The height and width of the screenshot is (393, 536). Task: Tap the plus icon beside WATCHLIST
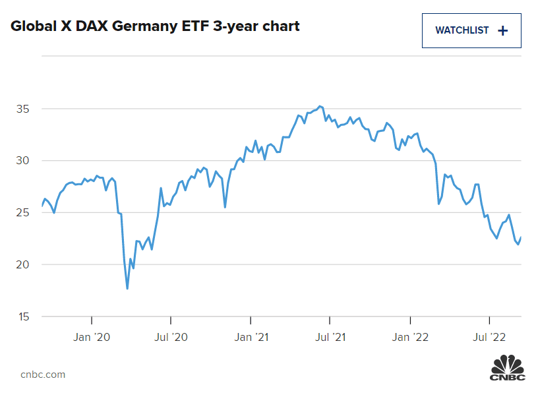(x=502, y=30)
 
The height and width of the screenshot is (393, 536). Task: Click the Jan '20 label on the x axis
(x=92, y=337)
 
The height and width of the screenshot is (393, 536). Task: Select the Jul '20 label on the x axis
(x=171, y=337)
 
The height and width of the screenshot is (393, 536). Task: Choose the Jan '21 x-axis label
(x=251, y=337)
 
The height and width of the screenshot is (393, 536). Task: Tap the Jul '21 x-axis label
(x=330, y=337)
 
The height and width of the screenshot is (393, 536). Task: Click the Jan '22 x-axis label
(x=411, y=337)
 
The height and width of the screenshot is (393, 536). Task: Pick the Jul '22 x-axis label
(x=489, y=337)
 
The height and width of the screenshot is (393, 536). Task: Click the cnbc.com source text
(x=43, y=375)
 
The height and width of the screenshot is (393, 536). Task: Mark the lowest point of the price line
(x=127, y=288)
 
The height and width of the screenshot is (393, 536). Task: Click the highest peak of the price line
(x=320, y=106)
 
